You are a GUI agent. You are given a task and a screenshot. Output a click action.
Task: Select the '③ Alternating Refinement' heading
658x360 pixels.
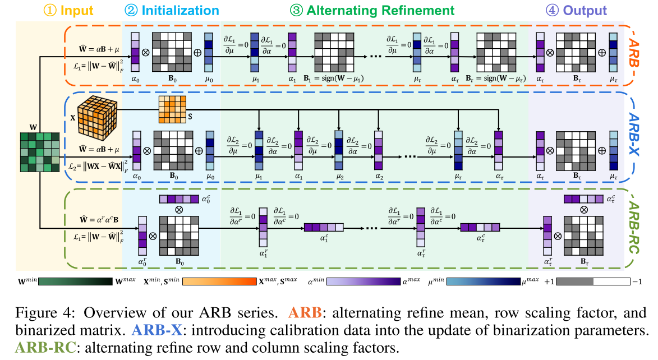coord(372,11)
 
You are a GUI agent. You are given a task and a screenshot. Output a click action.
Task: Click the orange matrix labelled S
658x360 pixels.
coord(172,109)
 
